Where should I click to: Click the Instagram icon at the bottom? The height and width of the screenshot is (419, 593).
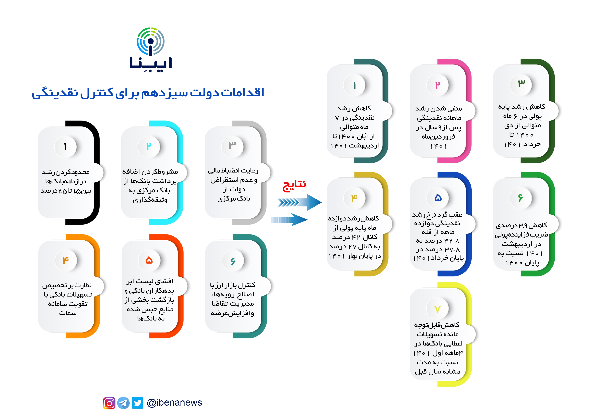click(109, 403)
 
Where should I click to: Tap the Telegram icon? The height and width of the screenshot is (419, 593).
click(123, 403)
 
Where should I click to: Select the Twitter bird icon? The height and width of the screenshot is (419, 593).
click(137, 403)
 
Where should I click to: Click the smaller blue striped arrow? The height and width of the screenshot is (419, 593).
click(289, 220)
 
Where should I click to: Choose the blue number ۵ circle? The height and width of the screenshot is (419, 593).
click(438, 198)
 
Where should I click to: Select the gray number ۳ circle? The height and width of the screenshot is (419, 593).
click(232, 146)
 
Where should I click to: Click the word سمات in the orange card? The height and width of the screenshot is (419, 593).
click(68, 313)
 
